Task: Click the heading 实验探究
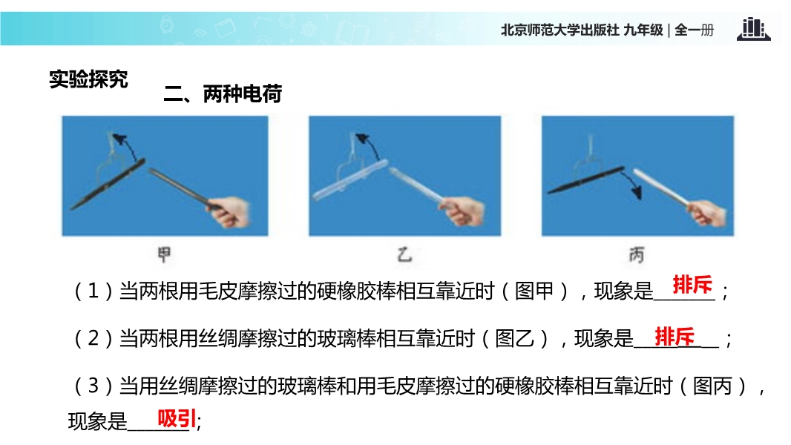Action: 88,79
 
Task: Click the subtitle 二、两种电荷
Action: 223,93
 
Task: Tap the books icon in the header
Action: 753,29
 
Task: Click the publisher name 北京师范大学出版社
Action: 559,30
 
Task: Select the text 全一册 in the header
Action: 694,30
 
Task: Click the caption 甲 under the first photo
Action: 164,254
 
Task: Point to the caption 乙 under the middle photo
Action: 404,254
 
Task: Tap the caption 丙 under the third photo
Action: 637,255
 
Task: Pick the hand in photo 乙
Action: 465,211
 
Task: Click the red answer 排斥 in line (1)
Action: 692,285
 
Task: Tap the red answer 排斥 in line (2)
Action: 675,337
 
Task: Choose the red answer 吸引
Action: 177,418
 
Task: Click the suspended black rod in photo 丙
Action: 586,180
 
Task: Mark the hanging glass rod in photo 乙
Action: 349,180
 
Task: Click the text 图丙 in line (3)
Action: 712,386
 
